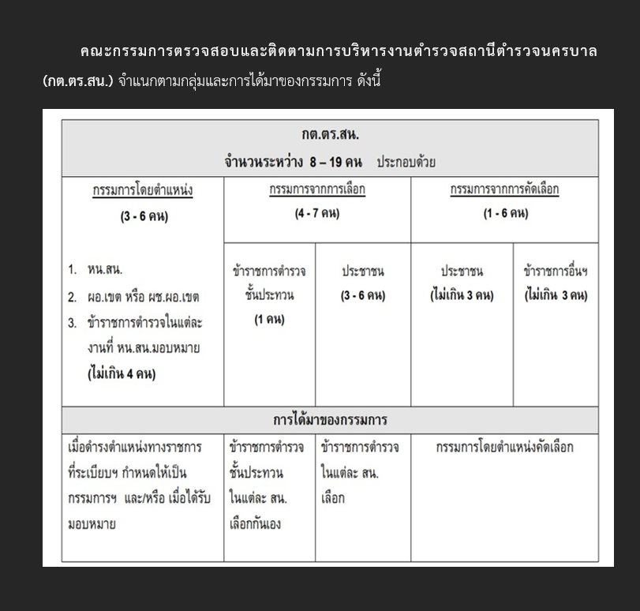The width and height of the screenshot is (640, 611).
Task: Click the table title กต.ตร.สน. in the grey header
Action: click(330, 135)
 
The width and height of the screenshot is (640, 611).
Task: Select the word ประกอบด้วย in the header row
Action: click(406, 163)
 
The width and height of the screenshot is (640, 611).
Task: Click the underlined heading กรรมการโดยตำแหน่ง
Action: click(143, 190)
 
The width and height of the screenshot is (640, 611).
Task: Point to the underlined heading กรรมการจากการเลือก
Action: click(317, 190)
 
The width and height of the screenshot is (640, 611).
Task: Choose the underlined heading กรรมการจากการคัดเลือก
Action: click(504, 190)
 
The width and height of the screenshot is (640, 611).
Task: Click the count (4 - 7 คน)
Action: click(317, 214)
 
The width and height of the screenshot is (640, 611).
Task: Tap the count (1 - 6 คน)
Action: click(505, 214)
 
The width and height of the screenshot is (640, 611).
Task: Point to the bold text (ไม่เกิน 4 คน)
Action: click(122, 374)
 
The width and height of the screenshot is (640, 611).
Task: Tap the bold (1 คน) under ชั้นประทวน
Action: click(269, 320)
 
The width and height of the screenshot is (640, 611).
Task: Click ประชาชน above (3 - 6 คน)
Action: click(363, 272)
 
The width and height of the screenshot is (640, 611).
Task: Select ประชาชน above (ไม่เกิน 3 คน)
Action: click(462, 272)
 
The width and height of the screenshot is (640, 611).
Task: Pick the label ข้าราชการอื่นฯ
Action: click(556, 272)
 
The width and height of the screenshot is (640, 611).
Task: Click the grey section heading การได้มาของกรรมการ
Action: click(330, 419)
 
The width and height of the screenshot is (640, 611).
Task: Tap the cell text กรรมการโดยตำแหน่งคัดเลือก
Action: click(504, 448)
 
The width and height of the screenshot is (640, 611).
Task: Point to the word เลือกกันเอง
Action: click(255, 524)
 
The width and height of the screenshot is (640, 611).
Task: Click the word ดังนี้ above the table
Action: click(365, 81)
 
